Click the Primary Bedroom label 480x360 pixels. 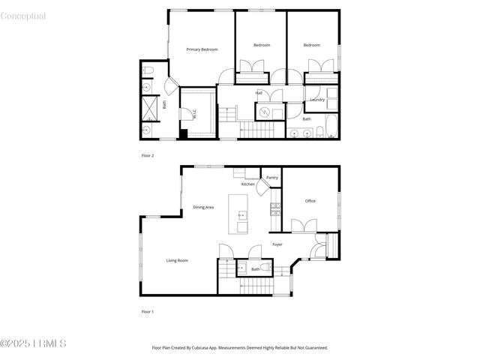202,49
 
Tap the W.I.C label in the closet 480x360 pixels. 194,115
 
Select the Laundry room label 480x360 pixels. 317,100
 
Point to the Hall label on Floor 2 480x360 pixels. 259,93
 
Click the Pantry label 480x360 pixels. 272,178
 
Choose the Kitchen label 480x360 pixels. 247,184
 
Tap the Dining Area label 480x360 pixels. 204,207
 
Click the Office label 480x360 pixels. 310,201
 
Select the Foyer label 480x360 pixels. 277,244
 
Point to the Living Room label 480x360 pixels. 177,260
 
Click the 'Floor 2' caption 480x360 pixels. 148,155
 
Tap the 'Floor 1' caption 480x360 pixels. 148,311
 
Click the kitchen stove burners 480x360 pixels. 275,208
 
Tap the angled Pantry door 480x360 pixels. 264,188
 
